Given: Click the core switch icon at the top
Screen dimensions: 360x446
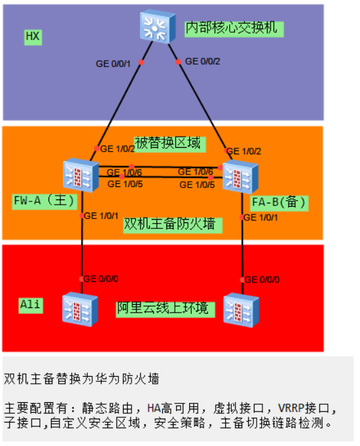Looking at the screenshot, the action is [158, 26].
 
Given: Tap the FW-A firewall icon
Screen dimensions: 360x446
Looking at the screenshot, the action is [81, 175].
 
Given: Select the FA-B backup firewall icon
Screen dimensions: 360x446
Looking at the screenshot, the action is [240, 177].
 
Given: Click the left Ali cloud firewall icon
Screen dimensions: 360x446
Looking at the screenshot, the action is [80, 309].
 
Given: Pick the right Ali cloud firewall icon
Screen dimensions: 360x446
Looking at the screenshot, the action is [241, 310].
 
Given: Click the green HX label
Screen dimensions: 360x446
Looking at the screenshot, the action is [33, 37].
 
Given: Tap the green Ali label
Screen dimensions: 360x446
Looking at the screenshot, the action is [31, 305].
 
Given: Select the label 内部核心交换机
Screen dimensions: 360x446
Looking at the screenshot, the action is [234, 29].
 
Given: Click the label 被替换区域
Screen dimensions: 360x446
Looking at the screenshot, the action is [170, 145].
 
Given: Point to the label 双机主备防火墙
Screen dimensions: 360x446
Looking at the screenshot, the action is [173, 225].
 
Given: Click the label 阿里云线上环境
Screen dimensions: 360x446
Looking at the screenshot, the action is [166, 309].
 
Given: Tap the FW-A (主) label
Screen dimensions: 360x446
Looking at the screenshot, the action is [45, 201].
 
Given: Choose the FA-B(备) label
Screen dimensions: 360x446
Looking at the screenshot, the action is [279, 203].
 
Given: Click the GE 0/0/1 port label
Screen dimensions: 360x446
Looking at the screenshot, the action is [113, 63].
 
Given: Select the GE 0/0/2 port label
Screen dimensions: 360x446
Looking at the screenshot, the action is [202, 61].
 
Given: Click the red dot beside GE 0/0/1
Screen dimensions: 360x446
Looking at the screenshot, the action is [141, 62].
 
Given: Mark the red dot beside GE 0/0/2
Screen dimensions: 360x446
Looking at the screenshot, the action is [178, 61].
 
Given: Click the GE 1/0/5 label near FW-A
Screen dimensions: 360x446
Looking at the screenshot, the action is [125, 184].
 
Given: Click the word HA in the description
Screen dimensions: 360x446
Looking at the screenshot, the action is [154, 409].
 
